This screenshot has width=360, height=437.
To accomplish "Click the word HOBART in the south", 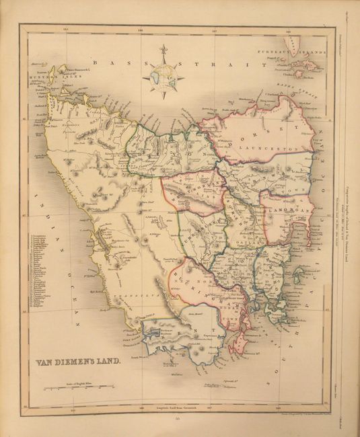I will pos(242,316).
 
